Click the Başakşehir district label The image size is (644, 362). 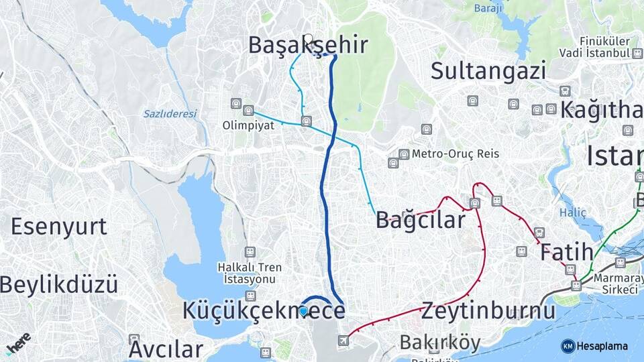pos(308,45)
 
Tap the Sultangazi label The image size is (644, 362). pos(488,70)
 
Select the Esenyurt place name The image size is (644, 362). pos(59,227)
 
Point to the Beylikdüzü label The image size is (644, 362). pos(59,284)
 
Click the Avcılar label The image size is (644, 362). pos(166,349)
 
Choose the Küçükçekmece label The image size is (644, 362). pos(264,311)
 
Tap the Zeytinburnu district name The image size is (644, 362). pos(488,311)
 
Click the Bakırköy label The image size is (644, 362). pos(440,343)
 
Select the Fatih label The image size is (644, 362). pos(566,253)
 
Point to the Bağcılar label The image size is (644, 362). pos(421,219)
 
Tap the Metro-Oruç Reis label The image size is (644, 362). pos(455,154)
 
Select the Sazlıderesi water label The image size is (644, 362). pos(170,114)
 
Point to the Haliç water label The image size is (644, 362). pos(573,213)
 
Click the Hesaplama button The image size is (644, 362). pos(594,346)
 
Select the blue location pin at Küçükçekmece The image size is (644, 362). pos(303,310)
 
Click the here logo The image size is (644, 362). pos(18,343)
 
